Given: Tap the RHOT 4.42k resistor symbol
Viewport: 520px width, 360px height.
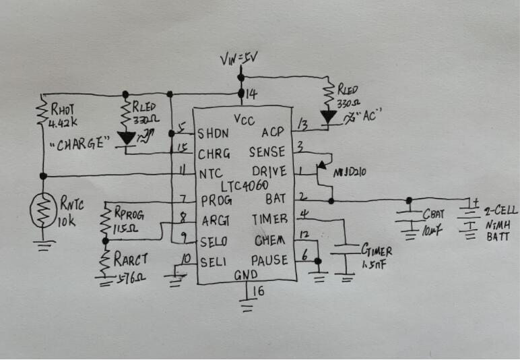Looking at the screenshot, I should point(43,117).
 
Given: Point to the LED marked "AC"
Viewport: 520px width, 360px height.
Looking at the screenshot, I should point(329,117).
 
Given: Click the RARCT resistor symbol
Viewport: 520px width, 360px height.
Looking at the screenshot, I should point(105,263).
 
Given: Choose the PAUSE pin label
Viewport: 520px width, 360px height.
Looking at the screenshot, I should point(271,260).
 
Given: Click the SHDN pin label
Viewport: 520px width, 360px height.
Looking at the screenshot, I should point(212,133).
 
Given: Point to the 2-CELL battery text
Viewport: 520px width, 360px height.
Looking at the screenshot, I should point(497,211).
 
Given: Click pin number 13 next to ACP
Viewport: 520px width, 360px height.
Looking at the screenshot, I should point(303,125).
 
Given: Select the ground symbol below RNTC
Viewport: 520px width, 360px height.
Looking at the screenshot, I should point(43,247).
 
